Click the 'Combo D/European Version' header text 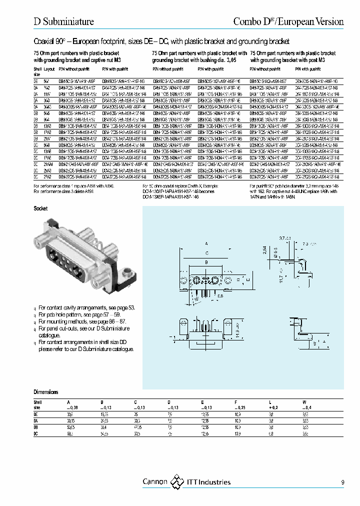(x=289, y=21)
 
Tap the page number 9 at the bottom (x=342, y=482)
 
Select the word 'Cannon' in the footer (x=155, y=482)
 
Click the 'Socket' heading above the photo (x=40, y=208)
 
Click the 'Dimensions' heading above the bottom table (x=46, y=392)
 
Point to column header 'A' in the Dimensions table (x=68, y=402)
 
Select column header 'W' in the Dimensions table (x=304, y=402)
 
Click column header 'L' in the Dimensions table (x=270, y=402)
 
